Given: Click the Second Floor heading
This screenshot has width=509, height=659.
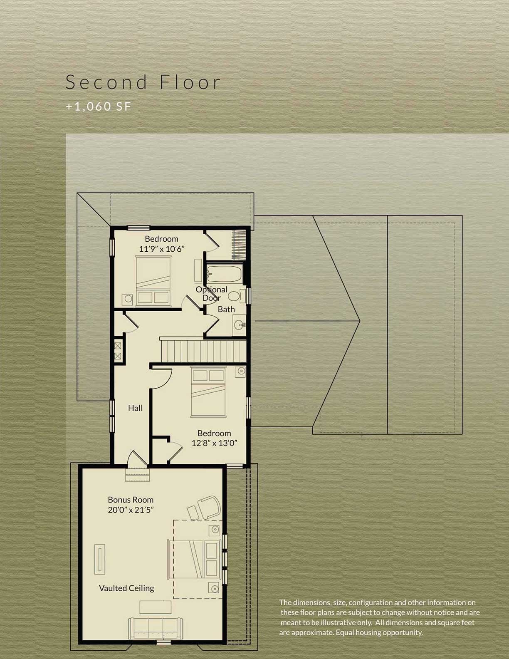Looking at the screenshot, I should tap(143, 82).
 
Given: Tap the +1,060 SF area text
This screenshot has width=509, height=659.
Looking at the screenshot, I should tap(99, 107).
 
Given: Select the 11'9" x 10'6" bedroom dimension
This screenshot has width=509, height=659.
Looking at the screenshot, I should tap(161, 249).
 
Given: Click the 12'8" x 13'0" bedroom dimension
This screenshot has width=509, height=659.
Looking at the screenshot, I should tap(214, 443).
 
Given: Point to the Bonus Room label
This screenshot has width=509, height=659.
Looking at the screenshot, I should tap(131, 500).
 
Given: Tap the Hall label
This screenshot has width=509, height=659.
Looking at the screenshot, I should tap(135, 408).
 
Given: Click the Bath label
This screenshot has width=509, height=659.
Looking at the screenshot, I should tap(226, 309).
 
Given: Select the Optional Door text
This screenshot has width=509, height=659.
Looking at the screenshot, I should tap(211, 293).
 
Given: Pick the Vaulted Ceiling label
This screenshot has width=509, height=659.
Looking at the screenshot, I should tap(126, 588).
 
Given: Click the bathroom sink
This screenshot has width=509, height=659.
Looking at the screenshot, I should tap(239, 325).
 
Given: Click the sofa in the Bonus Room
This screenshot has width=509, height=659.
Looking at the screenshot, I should tap(155, 628).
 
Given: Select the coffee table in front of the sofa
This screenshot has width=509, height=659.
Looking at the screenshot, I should tap(155, 607).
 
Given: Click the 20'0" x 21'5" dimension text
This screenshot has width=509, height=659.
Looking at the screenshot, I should tap(131, 510).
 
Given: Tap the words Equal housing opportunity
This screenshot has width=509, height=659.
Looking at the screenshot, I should tap(379, 632).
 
